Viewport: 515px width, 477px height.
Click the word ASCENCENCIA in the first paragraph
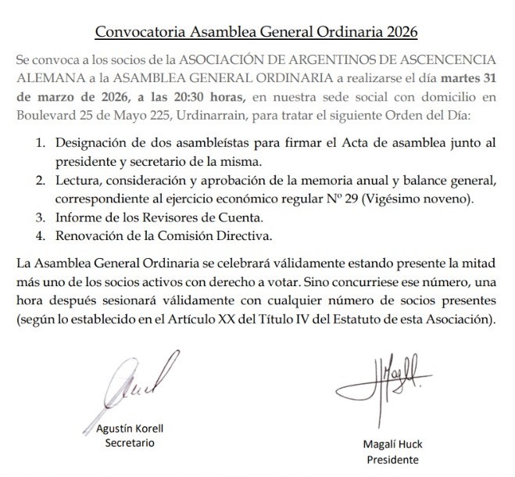click(444, 60)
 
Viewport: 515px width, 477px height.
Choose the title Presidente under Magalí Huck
click(392, 460)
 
